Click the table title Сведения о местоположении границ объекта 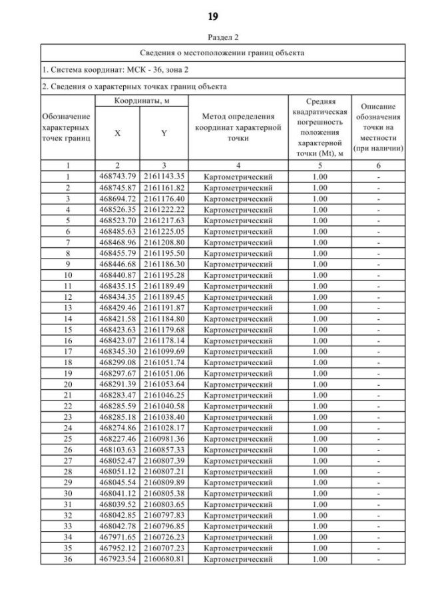[x=223, y=53]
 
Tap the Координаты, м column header [x=141, y=100]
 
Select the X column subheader [x=118, y=133]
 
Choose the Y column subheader [x=164, y=133]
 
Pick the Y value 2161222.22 [x=164, y=209]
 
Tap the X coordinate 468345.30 [x=117, y=351]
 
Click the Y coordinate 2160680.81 [x=164, y=559]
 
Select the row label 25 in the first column [x=67, y=438]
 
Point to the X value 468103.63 [x=117, y=450]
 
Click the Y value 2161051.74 [x=164, y=362]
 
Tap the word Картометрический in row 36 [x=238, y=559]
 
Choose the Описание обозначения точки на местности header [x=378, y=127]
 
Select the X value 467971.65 [x=117, y=537]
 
